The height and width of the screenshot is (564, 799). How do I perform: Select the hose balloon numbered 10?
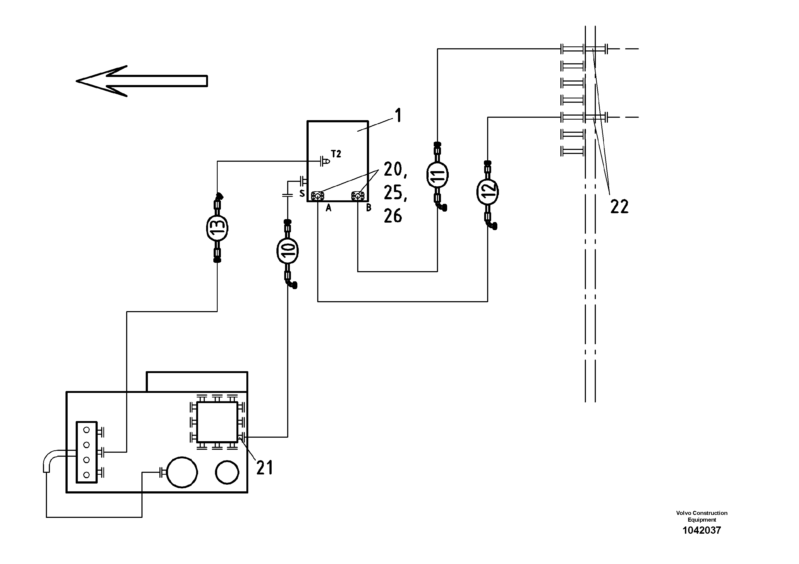click(x=287, y=250)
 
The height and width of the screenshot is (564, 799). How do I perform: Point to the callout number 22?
click(x=619, y=207)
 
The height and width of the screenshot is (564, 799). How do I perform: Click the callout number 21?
click(x=264, y=468)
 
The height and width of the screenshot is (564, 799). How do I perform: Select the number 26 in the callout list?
click(x=393, y=216)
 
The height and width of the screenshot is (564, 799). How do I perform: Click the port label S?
click(x=302, y=194)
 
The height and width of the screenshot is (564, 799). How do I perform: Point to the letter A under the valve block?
click(x=328, y=208)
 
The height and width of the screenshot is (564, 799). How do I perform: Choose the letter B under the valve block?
click(x=369, y=208)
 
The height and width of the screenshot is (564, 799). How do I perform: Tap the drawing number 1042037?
click(x=702, y=530)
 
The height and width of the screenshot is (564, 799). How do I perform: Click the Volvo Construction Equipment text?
click(x=702, y=516)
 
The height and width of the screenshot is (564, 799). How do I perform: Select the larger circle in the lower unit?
click(x=182, y=473)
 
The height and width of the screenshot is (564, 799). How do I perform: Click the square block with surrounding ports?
click(x=217, y=422)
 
